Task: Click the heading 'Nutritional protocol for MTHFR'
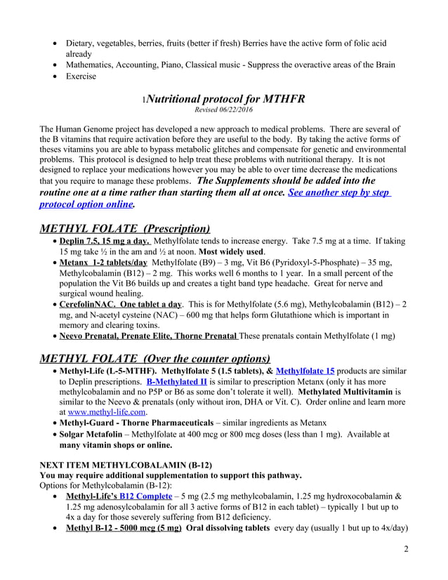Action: (x=226, y=98)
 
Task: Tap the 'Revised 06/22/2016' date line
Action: (x=224, y=110)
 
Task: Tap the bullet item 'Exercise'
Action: (x=81, y=76)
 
